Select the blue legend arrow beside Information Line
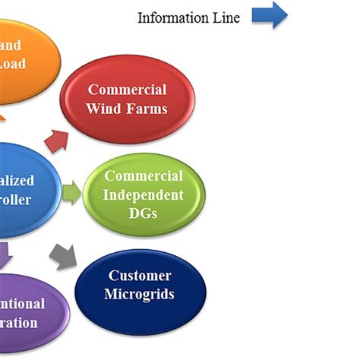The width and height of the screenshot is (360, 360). pos(270,15)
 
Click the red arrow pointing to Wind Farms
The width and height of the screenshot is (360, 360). pos(56,140)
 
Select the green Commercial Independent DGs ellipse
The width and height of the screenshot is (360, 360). pos(144,194)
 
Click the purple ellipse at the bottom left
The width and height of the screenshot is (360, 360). pos(30,311)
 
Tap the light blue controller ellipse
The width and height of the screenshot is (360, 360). pos(23,190)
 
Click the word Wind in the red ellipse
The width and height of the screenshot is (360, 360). pos(103,108)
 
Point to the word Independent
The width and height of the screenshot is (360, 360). pos(144,194)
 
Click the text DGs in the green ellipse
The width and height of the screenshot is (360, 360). pos(144,213)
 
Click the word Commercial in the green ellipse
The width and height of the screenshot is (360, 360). pos(144,176)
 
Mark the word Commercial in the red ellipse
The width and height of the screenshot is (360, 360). pos(126,90)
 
